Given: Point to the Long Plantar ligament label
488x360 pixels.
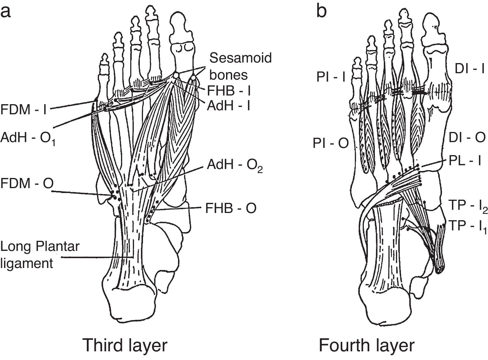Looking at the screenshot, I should [x=40, y=255].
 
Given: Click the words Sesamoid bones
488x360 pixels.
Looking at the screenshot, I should [x=240, y=66].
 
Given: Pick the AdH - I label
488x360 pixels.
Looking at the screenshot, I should [x=229, y=106].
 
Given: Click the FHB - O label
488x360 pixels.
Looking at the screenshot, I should [x=231, y=208].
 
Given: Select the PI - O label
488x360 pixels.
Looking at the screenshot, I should [x=331, y=144].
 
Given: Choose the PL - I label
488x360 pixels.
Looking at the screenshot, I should [x=465, y=161].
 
